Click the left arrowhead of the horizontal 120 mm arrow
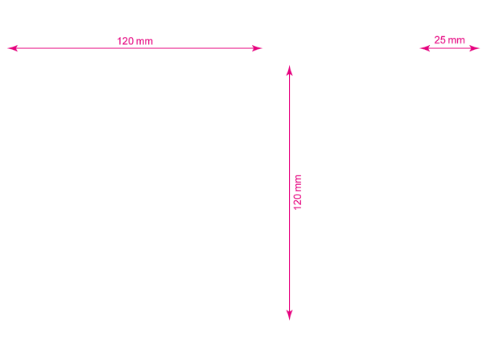click(12, 48)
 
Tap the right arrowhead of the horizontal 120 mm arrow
click(257, 48)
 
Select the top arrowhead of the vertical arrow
click(289, 70)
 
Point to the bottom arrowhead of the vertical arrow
click(289, 315)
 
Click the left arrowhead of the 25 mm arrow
click(424, 48)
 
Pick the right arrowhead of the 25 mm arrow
click(475, 48)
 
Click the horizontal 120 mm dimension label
click(135, 41)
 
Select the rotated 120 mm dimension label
click(298, 192)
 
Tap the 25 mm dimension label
click(449, 39)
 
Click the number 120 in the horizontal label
click(126, 41)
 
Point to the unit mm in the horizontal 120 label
click(144, 42)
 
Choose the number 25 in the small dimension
click(440, 39)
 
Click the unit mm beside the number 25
click(456, 40)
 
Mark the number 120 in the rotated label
click(298, 202)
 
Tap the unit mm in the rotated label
click(298, 183)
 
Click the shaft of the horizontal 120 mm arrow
click(134, 48)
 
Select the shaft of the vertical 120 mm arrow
click(289, 193)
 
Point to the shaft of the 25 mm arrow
click(450, 48)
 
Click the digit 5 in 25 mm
click(443, 39)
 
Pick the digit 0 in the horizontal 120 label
click(131, 41)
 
